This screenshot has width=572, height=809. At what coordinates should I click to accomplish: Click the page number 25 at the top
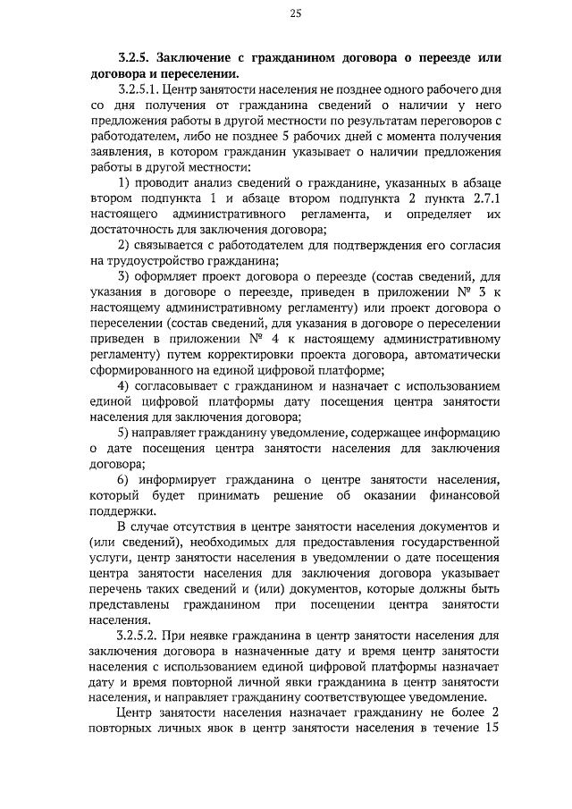tap(296, 13)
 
